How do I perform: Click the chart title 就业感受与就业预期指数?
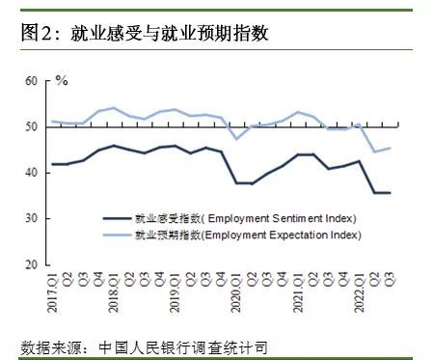click(169, 33)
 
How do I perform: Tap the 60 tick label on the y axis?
click(31, 81)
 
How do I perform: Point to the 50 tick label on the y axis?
click(31, 126)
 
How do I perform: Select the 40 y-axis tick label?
click(31, 173)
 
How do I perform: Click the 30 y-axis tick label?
click(31, 218)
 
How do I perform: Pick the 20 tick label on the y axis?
click(31, 264)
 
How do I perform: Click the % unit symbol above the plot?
click(62, 80)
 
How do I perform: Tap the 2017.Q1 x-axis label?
click(52, 292)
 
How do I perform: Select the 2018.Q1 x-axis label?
click(114, 292)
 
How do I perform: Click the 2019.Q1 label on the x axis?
click(175, 292)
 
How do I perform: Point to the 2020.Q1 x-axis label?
click(236, 292)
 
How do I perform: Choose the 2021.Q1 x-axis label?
click(298, 292)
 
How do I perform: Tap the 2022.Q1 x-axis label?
click(359, 292)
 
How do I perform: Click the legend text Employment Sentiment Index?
click(281, 218)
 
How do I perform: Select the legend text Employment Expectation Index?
click(282, 235)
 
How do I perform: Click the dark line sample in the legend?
click(118, 219)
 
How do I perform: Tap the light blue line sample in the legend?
click(118, 235)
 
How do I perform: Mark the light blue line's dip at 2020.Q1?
click(237, 139)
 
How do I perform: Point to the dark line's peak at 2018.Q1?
click(114, 146)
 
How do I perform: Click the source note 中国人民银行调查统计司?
click(183, 347)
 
